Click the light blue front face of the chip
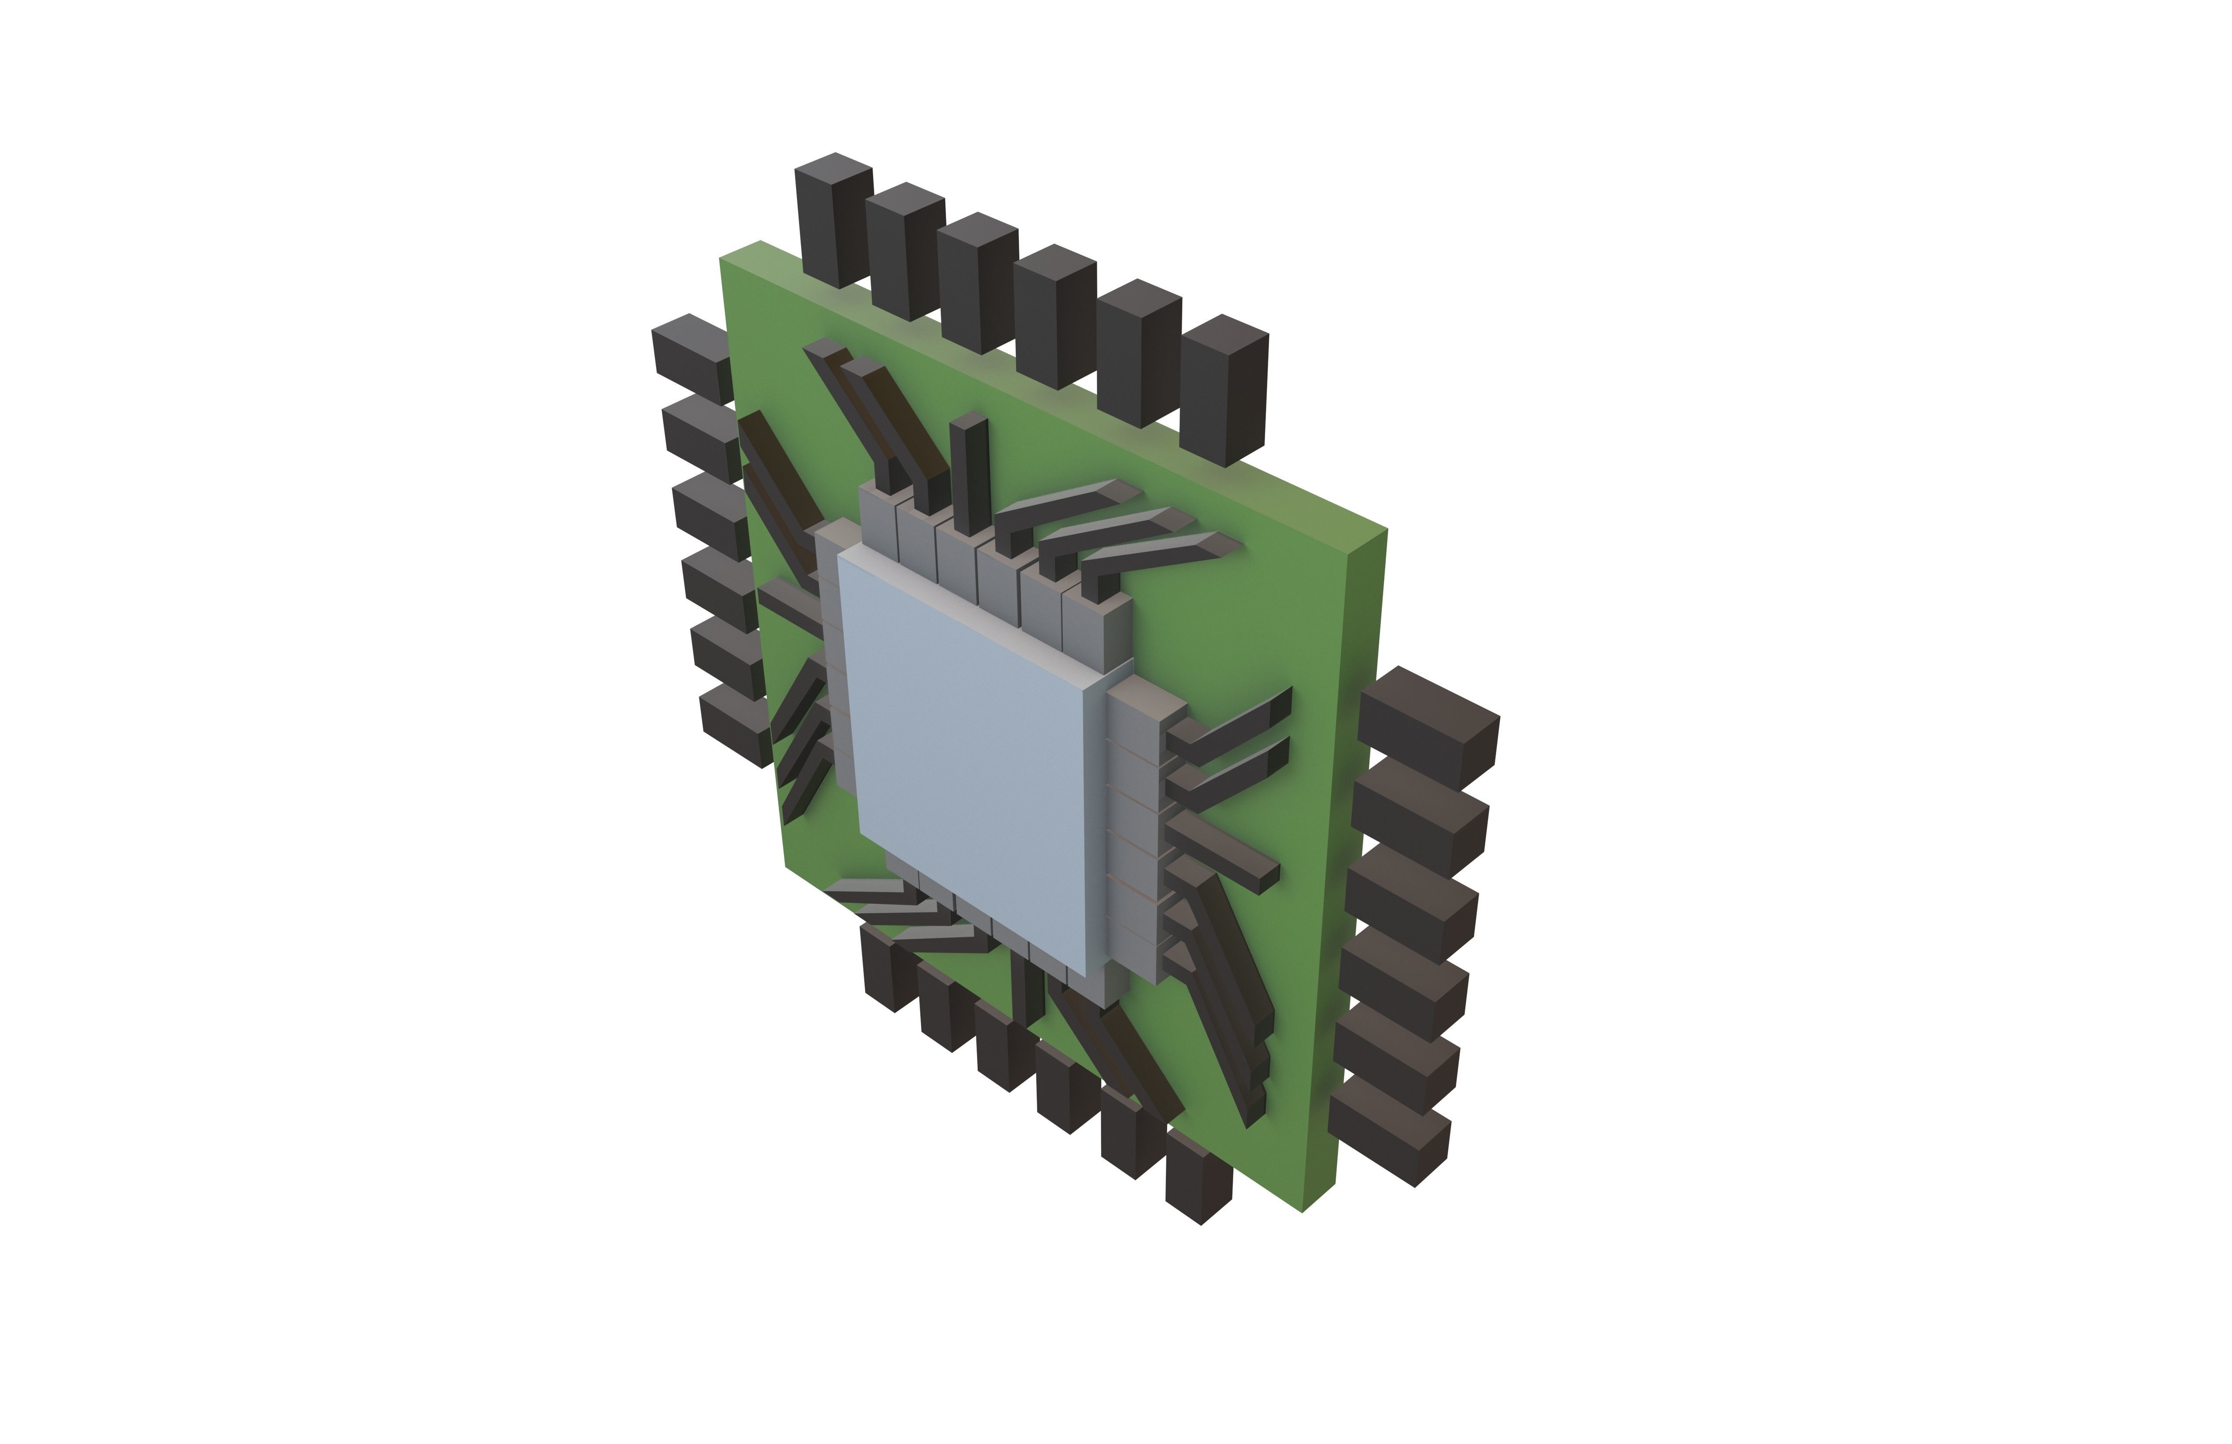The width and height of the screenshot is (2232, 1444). pos(966,760)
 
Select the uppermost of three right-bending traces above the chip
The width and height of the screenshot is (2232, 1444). pos(1060,511)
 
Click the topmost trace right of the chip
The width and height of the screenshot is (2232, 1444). pos(1228,722)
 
